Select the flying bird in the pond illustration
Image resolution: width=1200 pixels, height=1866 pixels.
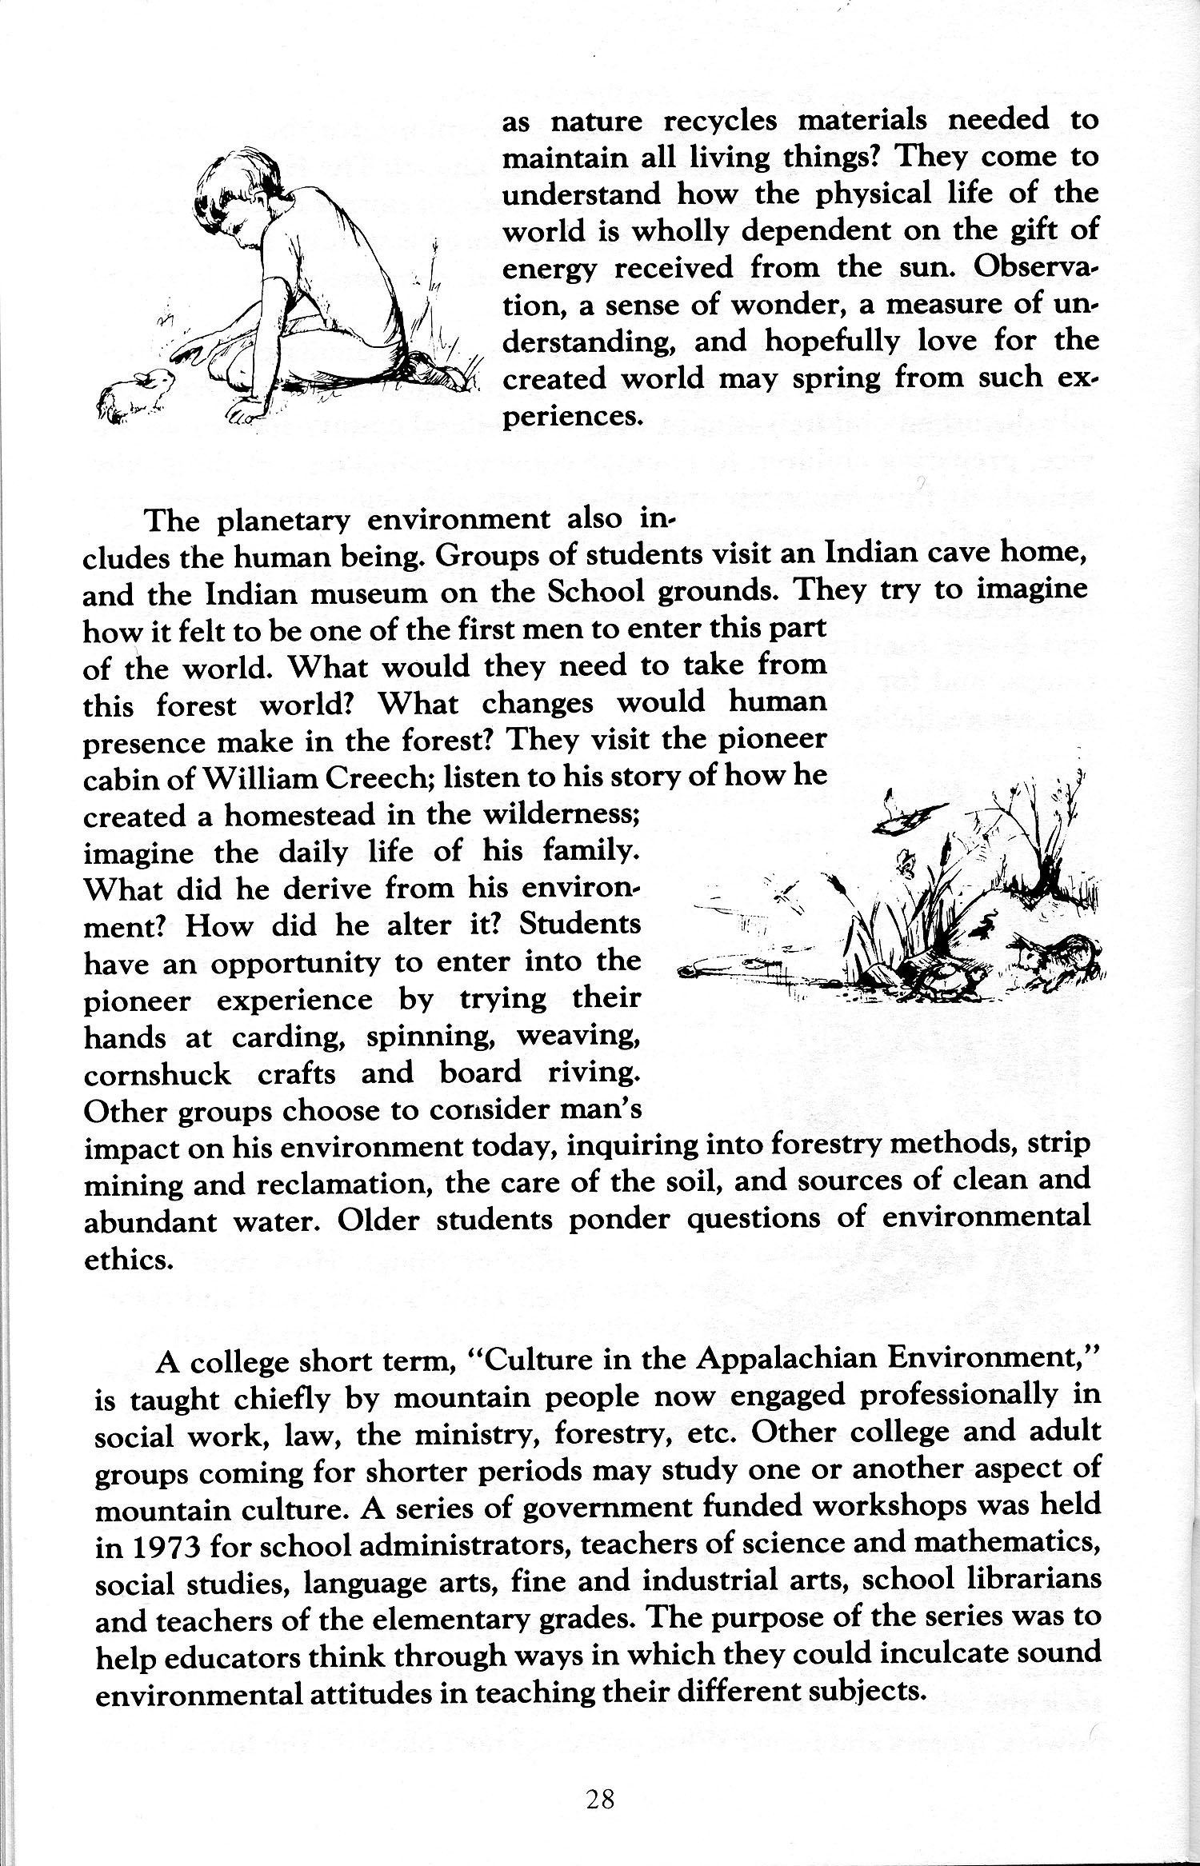coord(912,817)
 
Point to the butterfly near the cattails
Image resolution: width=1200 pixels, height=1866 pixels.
coord(906,861)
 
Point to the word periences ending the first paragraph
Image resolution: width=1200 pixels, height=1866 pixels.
coord(571,417)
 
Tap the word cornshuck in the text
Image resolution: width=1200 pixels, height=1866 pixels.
coord(158,1073)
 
